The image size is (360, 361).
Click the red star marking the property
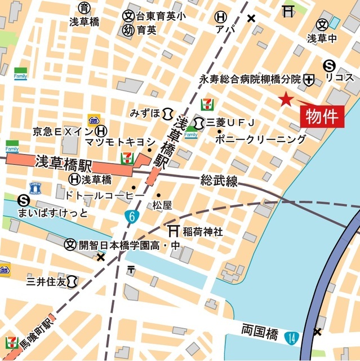(286, 99)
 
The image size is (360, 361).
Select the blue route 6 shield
(131, 216)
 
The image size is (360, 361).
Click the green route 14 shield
(291, 338)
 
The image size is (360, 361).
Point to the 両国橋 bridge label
(259, 331)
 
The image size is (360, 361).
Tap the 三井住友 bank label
(46, 280)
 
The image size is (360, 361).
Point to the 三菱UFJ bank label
(231, 122)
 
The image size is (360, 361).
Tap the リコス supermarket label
(339, 77)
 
